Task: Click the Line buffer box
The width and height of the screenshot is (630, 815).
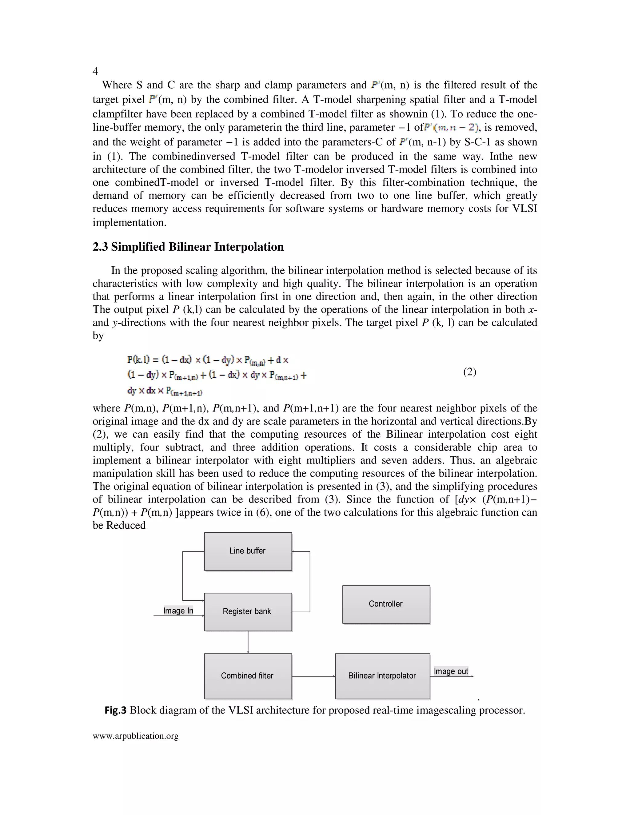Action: click(248, 551)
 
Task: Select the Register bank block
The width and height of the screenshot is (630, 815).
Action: click(248, 612)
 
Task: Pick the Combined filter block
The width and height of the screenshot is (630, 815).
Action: click(248, 676)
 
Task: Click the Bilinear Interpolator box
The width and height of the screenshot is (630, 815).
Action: click(382, 676)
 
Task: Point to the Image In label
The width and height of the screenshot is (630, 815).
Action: click(178, 611)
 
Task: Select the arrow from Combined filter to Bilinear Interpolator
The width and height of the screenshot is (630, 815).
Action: click(313, 676)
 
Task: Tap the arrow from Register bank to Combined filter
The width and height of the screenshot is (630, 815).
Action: click(248, 642)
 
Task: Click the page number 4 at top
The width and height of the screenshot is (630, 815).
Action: click(95, 71)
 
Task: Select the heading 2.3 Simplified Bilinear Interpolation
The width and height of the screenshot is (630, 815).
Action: click(188, 247)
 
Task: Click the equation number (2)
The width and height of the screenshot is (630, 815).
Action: click(469, 372)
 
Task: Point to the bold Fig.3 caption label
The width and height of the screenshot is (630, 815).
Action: click(116, 710)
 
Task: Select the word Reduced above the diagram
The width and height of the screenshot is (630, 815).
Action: click(126, 525)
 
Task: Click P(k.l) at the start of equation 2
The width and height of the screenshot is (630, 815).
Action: click(138, 360)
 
